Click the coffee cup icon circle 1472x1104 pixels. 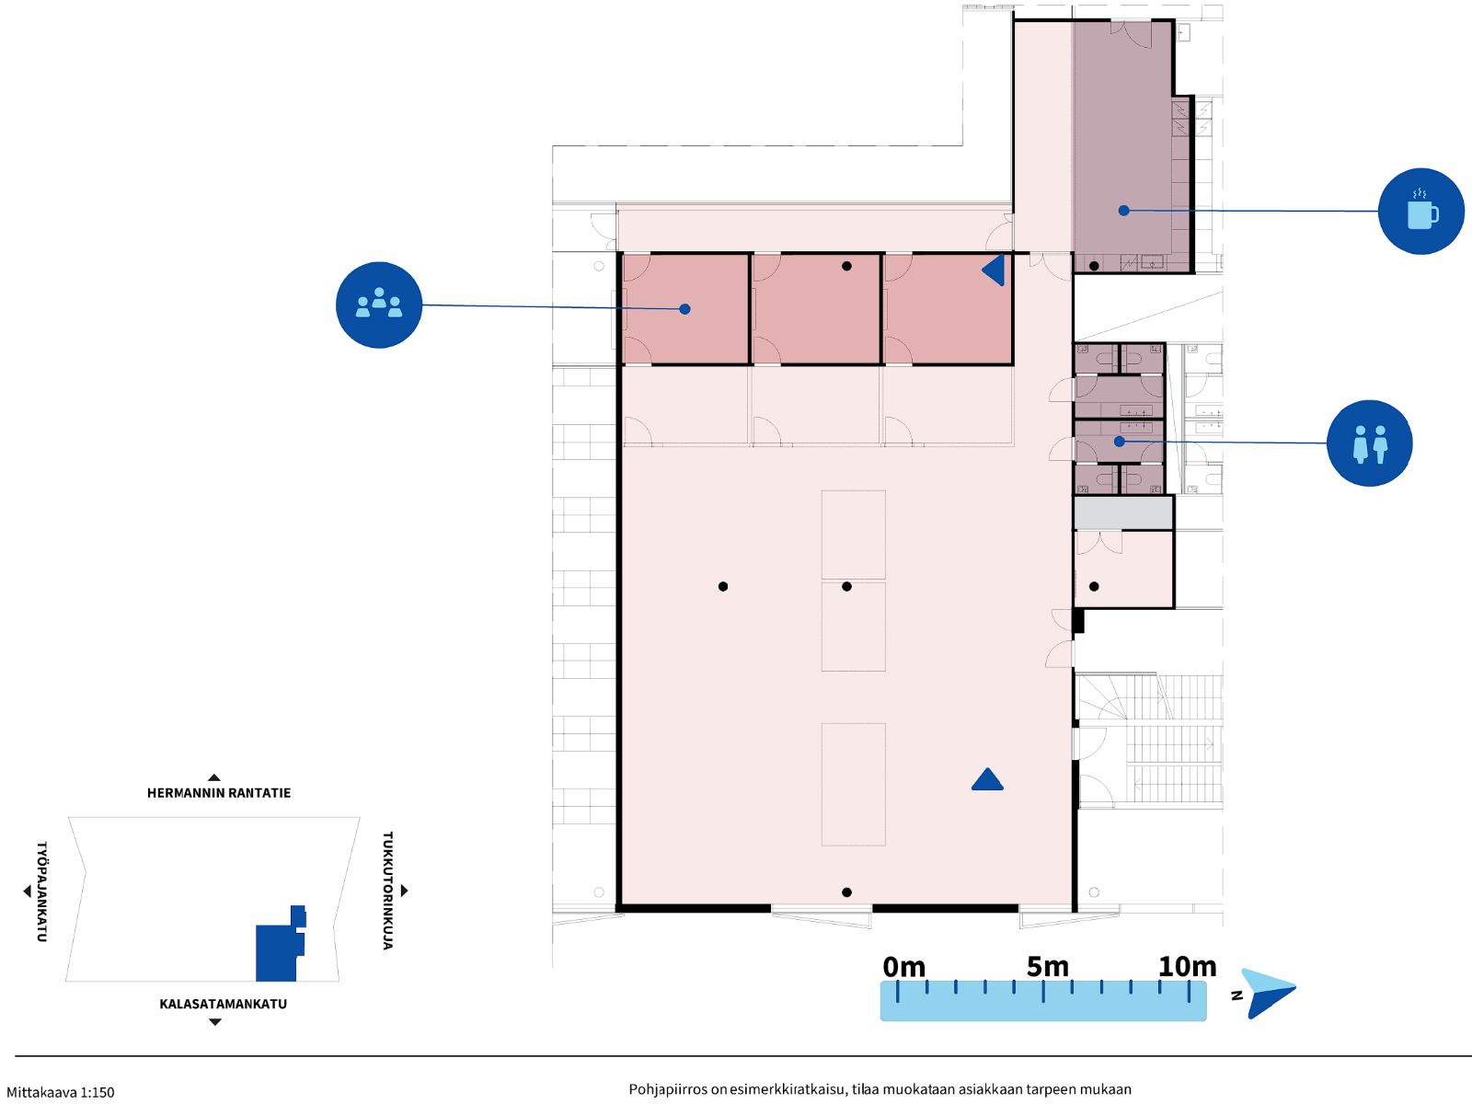(x=1421, y=212)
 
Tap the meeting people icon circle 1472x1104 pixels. (x=379, y=305)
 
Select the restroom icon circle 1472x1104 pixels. (x=1369, y=443)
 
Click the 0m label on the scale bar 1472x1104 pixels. (x=903, y=967)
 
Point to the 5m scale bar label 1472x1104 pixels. (x=1048, y=967)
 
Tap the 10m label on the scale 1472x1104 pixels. (x=1187, y=967)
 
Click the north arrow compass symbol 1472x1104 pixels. (x=1268, y=994)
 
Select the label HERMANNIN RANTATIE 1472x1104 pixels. (x=219, y=793)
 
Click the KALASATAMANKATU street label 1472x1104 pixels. (x=223, y=1004)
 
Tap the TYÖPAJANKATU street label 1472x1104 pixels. (x=41, y=891)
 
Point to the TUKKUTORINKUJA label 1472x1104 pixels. (x=387, y=891)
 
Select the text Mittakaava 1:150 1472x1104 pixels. (x=61, y=1093)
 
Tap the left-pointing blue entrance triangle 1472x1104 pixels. (x=994, y=270)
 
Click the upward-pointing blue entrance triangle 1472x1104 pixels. (x=987, y=779)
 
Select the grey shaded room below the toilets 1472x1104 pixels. (x=1123, y=512)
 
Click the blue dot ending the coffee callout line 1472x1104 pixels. (x=1124, y=211)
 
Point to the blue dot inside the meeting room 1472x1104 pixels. (x=684, y=309)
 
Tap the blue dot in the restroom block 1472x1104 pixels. (x=1120, y=441)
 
